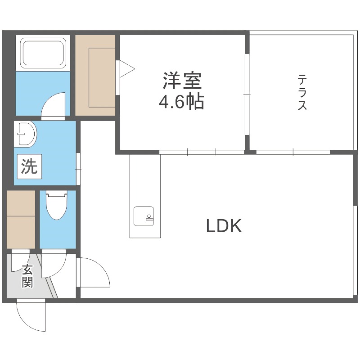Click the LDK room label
[x=224, y=226]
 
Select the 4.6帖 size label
[x=181, y=103]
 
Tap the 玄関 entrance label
[x=27, y=276]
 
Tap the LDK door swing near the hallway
[x=94, y=273]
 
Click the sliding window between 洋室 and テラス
[x=247, y=94]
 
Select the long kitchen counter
[x=145, y=196]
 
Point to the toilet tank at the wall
[x=56, y=194]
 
